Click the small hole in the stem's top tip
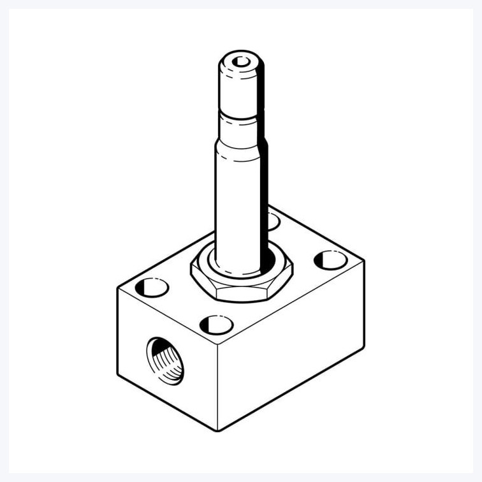(241, 62)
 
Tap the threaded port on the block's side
(165, 361)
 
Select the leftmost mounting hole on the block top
(152, 288)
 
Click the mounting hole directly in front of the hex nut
(216, 325)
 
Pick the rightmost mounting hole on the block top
(330, 259)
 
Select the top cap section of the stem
(240, 83)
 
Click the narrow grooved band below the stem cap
(238, 117)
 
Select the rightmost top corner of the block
(363, 260)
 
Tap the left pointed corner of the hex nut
(191, 274)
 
